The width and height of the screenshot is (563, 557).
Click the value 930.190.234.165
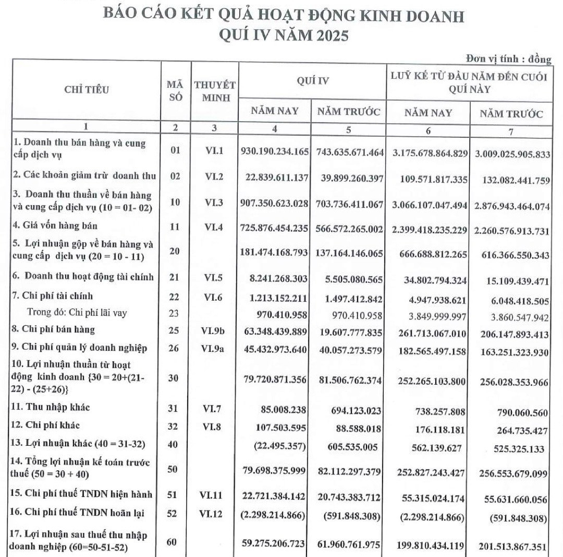(x=275, y=151)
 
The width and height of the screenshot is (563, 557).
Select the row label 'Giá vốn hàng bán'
(x=55, y=226)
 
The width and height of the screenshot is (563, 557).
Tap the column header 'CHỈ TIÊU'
(x=87, y=90)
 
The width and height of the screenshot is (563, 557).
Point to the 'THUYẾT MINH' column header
(x=214, y=91)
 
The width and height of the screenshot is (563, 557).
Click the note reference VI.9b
(x=214, y=330)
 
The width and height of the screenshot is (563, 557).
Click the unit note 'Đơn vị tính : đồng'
(x=508, y=59)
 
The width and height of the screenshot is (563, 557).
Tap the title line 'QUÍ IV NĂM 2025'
(x=284, y=36)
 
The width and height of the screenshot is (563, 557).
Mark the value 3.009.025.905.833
(x=512, y=155)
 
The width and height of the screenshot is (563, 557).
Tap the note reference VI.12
(x=214, y=514)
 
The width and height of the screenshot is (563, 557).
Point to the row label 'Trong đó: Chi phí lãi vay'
(x=77, y=313)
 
